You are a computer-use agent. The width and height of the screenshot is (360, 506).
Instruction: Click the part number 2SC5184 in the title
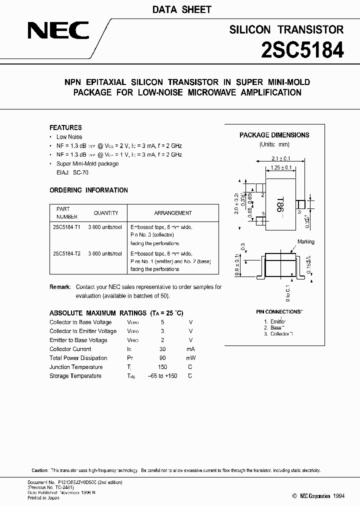click(x=302, y=50)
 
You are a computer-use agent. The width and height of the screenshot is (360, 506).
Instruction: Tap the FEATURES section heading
click(x=65, y=127)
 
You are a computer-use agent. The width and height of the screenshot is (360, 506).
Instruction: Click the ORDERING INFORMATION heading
click(x=88, y=190)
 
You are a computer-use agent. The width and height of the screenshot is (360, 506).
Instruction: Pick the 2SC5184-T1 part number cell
click(x=66, y=226)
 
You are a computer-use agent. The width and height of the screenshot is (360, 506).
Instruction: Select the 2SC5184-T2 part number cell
click(x=66, y=253)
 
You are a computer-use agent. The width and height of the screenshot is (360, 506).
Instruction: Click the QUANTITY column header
click(x=106, y=213)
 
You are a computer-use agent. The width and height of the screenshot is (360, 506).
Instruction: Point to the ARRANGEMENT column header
click(x=173, y=213)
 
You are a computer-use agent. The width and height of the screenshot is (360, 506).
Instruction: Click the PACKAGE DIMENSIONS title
click(x=274, y=135)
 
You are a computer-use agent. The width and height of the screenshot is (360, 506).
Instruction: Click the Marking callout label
click(x=306, y=242)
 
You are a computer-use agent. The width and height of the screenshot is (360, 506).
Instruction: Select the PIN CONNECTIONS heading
click(x=279, y=311)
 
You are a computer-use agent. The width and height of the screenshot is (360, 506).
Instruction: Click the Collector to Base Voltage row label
click(x=80, y=322)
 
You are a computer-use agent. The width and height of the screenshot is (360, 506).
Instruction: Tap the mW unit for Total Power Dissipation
click(x=190, y=358)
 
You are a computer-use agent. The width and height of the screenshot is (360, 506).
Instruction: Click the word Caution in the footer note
click(x=40, y=471)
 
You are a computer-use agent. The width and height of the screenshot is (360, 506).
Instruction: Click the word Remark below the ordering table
click(x=60, y=287)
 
